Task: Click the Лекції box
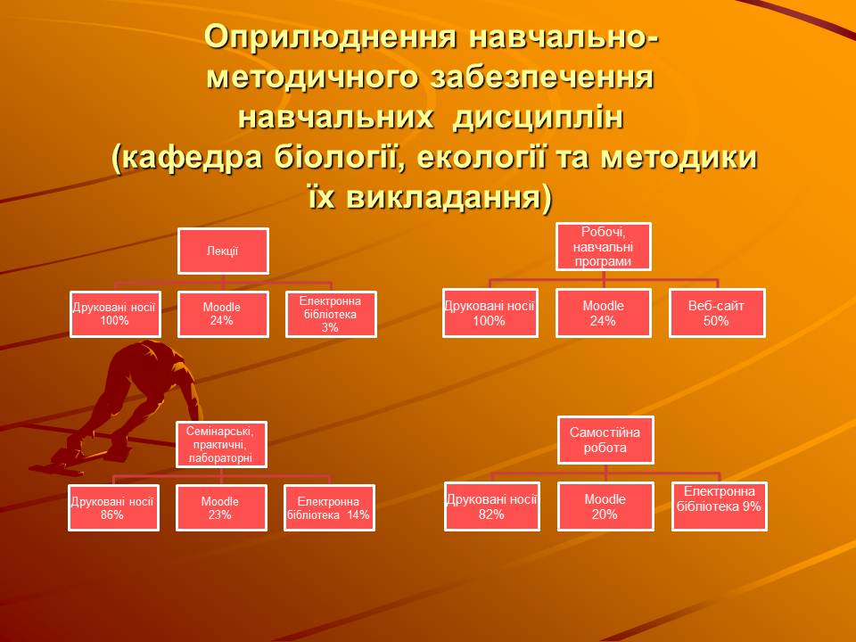pyautogui.click(x=222, y=251)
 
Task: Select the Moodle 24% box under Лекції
pyautogui.click(x=222, y=313)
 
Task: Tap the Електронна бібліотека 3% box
pyautogui.click(x=330, y=314)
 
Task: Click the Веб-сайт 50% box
pyautogui.click(x=716, y=313)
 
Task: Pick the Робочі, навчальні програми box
pyautogui.click(x=604, y=246)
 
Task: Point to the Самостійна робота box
pyautogui.click(x=605, y=440)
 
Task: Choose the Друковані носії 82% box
pyautogui.click(x=491, y=506)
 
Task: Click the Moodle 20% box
pyautogui.click(x=605, y=506)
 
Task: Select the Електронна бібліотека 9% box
pyautogui.click(x=719, y=506)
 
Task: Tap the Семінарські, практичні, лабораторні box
pyautogui.click(x=221, y=444)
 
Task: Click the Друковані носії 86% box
pyautogui.click(x=113, y=507)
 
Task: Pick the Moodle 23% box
pyautogui.click(x=219, y=507)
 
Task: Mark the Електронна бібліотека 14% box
pyautogui.click(x=328, y=507)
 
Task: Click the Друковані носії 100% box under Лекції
pyautogui.click(x=114, y=313)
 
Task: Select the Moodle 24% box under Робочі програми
pyautogui.click(x=603, y=313)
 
